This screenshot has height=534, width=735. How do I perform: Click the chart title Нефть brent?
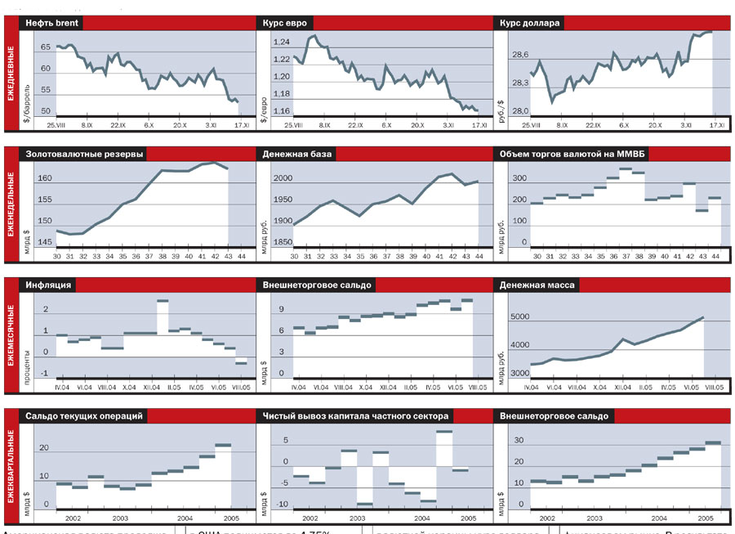click(x=51, y=24)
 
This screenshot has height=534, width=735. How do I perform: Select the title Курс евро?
click(x=283, y=24)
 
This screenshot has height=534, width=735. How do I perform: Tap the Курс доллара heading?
click(x=530, y=24)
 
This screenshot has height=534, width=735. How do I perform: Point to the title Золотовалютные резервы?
click(x=85, y=154)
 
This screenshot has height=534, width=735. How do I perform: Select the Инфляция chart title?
click(x=47, y=285)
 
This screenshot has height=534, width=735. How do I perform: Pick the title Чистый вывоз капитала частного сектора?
click(x=355, y=416)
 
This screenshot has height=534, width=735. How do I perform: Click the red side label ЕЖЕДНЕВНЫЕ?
click(x=11, y=74)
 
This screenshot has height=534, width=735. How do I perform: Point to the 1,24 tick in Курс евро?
click(x=282, y=43)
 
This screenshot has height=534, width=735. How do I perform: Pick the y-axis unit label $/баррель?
click(x=27, y=101)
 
